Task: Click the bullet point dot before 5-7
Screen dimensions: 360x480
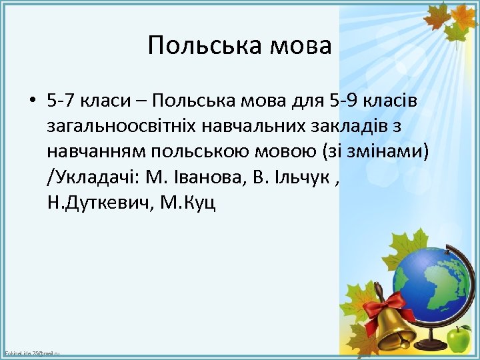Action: [x=32, y=101]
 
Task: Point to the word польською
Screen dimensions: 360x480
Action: [x=187, y=151]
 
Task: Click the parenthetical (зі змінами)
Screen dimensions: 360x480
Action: [x=376, y=151]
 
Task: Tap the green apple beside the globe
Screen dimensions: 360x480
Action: [x=458, y=339]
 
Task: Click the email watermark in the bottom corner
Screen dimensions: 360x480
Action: [x=32, y=353]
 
